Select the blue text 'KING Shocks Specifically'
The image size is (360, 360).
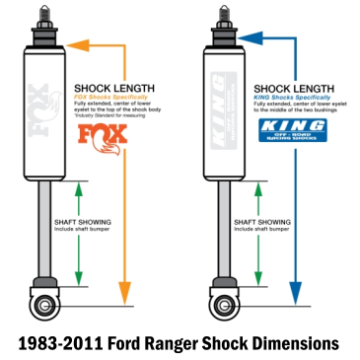[x=283, y=97]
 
